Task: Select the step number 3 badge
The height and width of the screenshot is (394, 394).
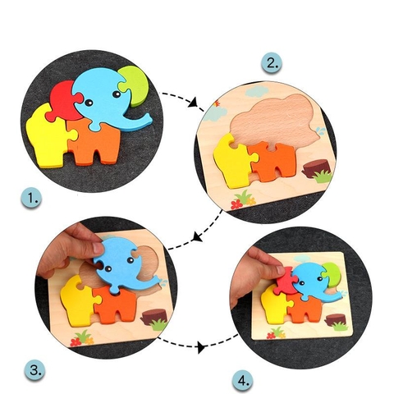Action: [35, 370]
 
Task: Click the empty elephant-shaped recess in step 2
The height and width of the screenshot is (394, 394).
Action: [275, 121]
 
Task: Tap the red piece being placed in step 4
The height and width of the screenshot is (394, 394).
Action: [286, 283]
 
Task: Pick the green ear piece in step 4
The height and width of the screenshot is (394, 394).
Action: [329, 273]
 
